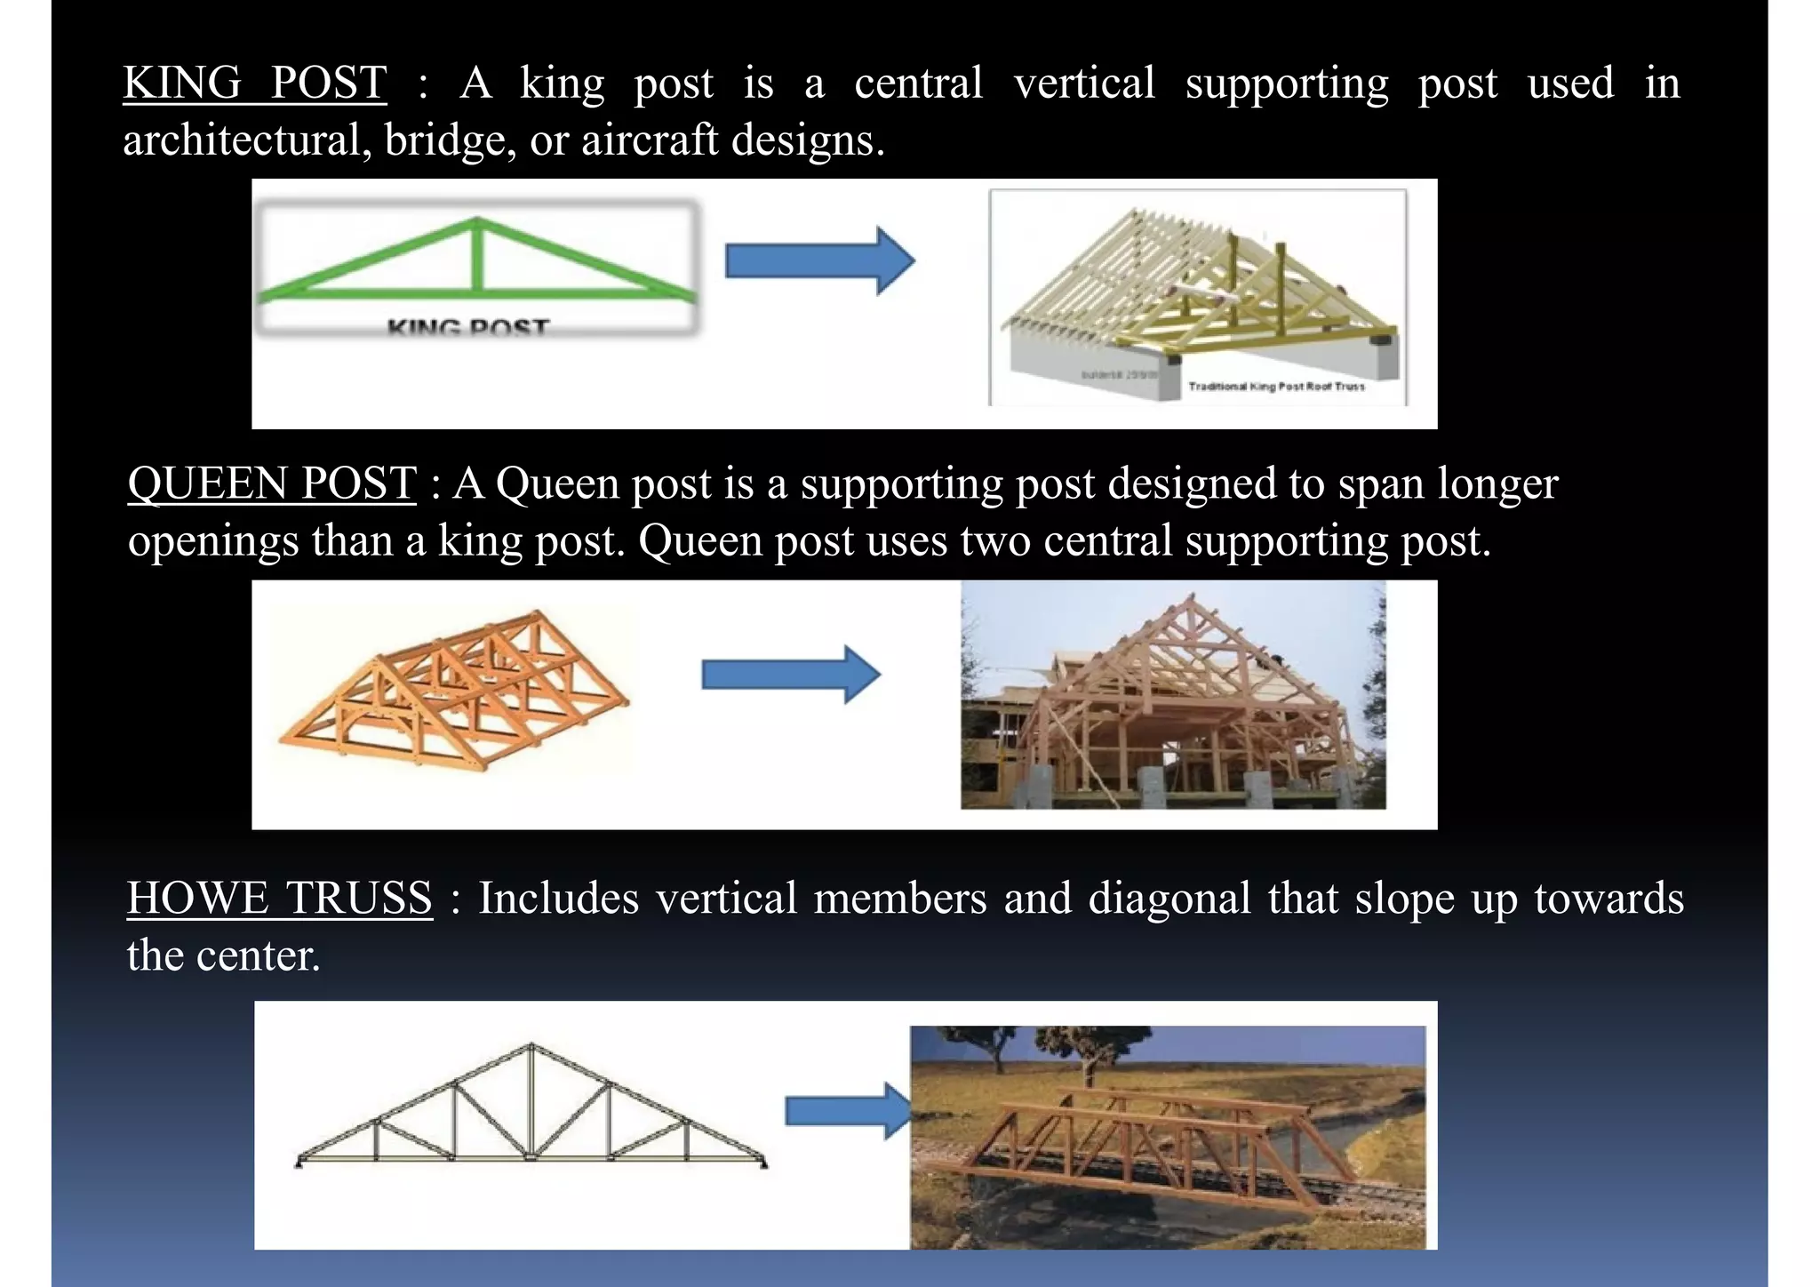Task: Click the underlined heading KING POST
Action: tap(254, 84)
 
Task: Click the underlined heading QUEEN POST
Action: tap(272, 484)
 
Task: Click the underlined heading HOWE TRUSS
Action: tap(279, 899)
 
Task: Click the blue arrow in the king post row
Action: tap(819, 260)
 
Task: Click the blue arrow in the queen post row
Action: tap(790, 675)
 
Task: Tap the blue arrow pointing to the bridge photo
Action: tap(848, 1110)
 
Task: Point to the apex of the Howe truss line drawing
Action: tap(531, 1045)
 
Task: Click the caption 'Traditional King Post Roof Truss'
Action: tap(1276, 387)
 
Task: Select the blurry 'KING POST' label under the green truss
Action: tap(468, 328)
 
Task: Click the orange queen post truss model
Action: tap(454, 689)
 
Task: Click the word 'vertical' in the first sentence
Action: tap(1084, 84)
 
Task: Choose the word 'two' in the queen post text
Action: tap(995, 541)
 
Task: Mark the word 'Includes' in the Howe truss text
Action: tap(559, 899)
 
